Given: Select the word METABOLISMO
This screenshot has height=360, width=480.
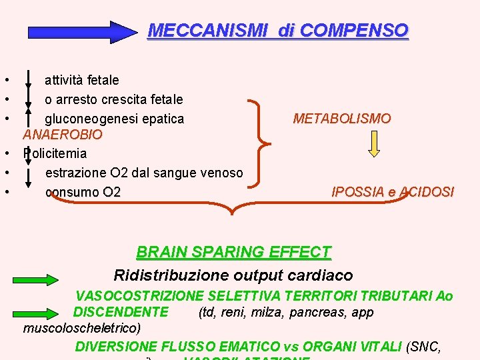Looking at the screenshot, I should pyautogui.click(x=342, y=119).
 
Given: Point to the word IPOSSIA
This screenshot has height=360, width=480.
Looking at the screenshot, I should pyautogui.click(x=358, y=192).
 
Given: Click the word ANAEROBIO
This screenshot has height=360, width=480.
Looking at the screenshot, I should pyautogui.click(x=63, y=135).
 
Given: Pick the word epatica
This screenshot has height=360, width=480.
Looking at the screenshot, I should pyautogui.click(x=161, y=119).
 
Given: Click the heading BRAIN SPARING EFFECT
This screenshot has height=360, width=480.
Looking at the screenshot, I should pyautogui.click(x=233, y=252).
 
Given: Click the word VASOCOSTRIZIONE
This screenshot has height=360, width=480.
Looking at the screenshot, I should pyautogui.click(x=139, y=296).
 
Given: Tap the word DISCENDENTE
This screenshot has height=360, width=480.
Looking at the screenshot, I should pyautogui.click(x=121, y=312).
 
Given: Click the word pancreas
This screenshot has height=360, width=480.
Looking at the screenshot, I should pyautogui.click(x=317, y=312).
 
